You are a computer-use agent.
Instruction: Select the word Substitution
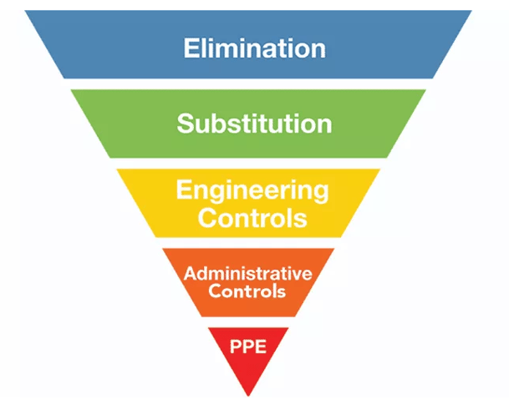pyautogui.click(x=254, y=124)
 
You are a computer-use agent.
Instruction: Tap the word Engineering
pyautogui.click(x=252, y=190)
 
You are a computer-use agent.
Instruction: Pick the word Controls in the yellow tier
pyautogui.click(x=252, y=218)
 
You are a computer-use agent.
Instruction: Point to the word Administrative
pyautogui.click(x=248, y=274)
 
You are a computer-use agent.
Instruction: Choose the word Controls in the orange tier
pyautogui.click(x=248, y=292)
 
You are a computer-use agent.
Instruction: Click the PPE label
pyautogui.click(x=248, y=345)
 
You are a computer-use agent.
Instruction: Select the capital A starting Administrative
pyautogui.click(x=190, y=274)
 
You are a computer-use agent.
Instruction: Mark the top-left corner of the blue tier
pyautogui.click(x=27, y=13)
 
